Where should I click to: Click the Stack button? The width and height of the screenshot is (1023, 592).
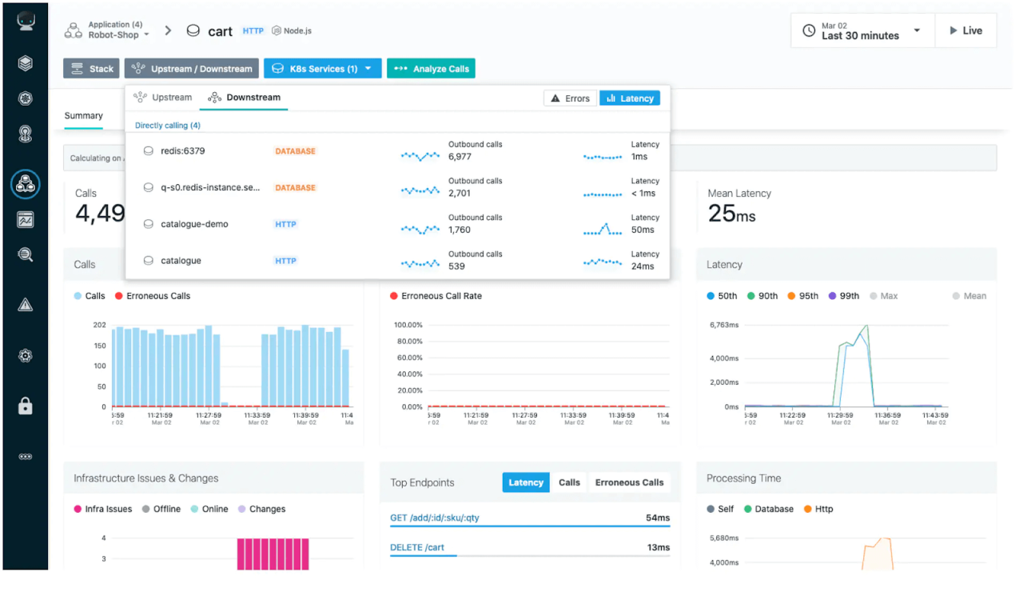91,69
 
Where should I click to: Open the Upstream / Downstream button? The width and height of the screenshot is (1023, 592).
192,69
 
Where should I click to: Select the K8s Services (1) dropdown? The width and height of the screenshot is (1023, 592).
322,69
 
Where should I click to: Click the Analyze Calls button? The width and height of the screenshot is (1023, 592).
431,69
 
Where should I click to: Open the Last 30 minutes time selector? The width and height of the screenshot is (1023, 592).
862,31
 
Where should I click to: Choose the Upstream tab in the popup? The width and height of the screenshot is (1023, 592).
163,98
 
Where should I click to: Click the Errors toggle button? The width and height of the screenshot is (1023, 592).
570,98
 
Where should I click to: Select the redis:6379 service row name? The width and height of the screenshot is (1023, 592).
183,151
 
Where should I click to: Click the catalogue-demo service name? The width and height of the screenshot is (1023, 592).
194,224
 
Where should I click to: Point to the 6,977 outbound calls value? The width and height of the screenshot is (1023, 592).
460,157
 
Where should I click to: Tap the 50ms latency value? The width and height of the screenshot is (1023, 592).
643,230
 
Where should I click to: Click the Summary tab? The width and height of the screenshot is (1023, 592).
84,116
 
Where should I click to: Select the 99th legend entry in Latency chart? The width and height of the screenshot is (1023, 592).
844,296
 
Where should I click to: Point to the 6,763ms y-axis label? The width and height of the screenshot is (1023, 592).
724,326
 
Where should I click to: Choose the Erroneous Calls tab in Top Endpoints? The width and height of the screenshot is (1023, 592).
629,482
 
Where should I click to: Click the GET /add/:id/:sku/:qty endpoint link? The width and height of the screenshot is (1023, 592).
435,518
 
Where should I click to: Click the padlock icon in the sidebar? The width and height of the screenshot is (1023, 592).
26,406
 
